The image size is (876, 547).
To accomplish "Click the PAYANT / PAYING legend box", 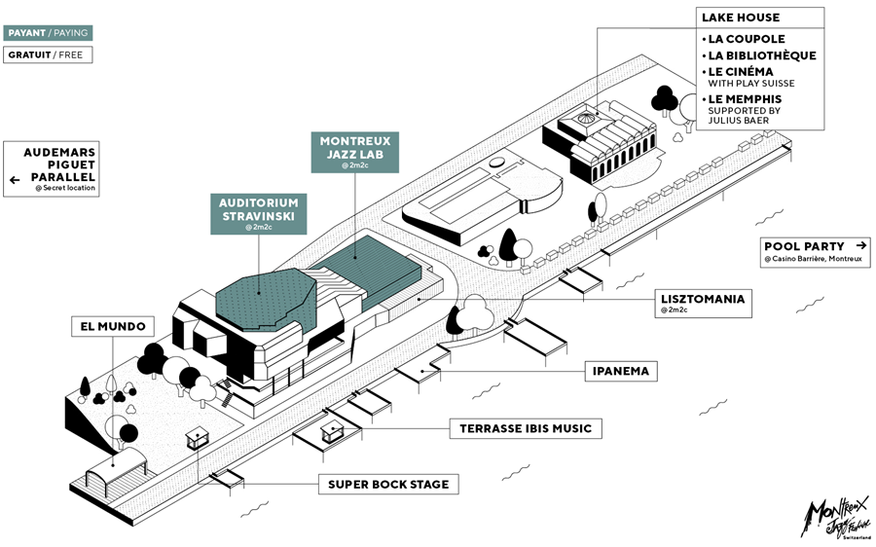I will [x=48, y=32].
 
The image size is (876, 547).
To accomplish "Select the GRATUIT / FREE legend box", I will [x=48, y=55].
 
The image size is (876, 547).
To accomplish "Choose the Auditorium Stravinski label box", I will [x=258, y=212].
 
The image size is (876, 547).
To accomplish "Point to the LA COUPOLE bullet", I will [x=747, y=39].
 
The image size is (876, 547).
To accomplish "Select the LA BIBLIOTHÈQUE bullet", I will [x=761, y=55].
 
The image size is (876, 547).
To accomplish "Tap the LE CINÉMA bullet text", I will [x=742, y=71].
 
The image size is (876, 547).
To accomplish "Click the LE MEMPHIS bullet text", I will [x=745, y=99].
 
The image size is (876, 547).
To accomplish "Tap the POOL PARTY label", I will [x=804, y=246].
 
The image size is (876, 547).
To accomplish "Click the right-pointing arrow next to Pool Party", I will [x=861, y=246].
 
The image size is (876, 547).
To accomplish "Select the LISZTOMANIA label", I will [x=702, y=299].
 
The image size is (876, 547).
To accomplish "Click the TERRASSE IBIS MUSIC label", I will [x=525, y=428].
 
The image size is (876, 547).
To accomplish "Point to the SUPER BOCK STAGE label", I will [x=387, y=484].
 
